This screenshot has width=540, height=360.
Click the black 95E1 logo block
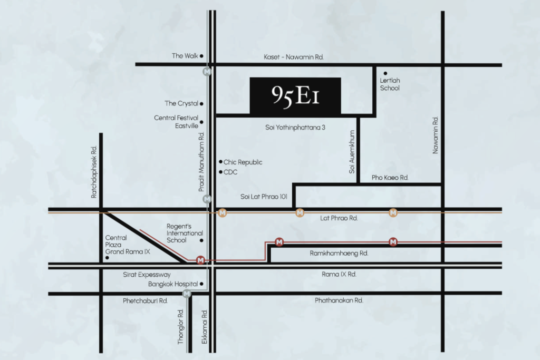point(295,95)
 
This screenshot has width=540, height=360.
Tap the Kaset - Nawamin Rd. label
point(293,56)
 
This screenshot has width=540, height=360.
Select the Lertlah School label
point(390,84)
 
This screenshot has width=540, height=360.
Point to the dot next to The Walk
point(201,56)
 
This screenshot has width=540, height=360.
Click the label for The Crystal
point(181,104)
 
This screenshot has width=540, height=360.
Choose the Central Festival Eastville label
point(176,122)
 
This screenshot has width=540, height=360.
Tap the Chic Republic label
point(243,162)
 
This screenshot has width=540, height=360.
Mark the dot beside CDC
point(220,172)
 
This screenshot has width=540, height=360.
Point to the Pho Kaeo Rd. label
point(390,178)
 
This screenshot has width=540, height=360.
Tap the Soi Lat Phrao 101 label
point(264,198)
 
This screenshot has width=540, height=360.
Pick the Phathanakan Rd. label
point(339,300)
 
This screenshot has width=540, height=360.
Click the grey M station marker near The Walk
point(207,72)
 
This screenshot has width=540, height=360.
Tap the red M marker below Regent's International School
point(200,260)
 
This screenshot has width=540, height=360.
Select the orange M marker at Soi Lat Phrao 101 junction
point(300,213)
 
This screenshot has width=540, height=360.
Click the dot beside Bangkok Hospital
point(201,285)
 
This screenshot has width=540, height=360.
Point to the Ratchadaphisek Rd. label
point(94,172)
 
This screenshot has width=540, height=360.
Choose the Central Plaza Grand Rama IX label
point(128,245)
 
